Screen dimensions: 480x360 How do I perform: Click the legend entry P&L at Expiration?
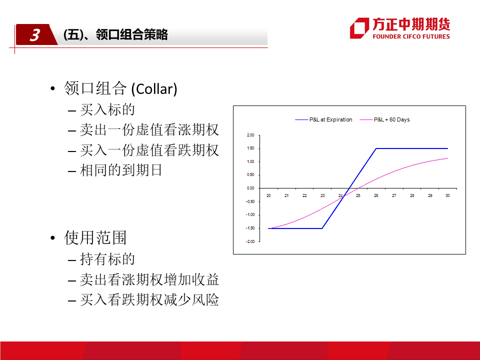[323, 119]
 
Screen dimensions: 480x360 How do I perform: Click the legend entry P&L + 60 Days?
[385, 119]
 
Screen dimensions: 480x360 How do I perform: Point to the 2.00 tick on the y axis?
[250, 135]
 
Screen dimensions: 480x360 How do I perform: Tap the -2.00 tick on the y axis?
[250, 241]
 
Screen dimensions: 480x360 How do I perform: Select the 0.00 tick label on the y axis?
[250, 188]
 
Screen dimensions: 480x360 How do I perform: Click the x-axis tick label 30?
[447, 195]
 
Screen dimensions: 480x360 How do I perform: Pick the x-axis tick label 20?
[268, 195]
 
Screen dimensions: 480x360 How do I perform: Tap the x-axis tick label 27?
[394, 195]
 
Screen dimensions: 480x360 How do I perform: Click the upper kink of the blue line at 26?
[376, 148]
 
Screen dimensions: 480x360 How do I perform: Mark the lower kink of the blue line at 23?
[322, 228]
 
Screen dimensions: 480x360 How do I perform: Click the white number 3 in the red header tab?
[35, 35]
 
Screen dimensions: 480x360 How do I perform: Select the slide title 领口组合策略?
[131, 34]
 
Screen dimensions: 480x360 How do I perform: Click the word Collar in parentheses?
[154, 89]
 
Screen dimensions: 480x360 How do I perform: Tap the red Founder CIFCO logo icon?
[359, 28]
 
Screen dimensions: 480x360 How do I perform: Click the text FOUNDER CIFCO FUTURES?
[411, 36]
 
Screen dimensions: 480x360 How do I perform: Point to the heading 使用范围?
[95, 238]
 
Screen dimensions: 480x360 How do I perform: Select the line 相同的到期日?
[121, 170]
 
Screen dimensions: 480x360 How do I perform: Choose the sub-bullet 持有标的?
[107, 259]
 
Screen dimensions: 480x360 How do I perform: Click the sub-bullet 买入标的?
[107, 109]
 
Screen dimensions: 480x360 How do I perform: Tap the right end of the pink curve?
[447, 158]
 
